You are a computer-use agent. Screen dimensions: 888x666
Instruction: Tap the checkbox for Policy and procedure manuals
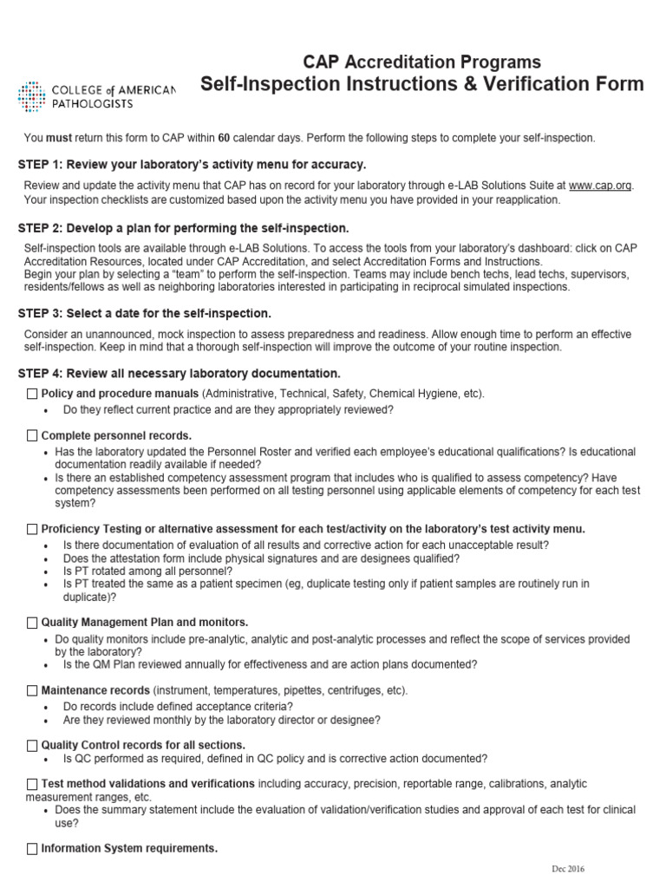(32, 394)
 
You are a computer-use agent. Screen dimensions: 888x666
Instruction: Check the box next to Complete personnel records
(32, 435)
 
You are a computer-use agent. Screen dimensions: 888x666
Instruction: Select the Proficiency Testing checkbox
(32, 528)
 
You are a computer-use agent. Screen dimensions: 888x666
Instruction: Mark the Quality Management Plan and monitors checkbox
(32, 623)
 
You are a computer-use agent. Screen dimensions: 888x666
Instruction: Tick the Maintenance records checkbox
(32, 690)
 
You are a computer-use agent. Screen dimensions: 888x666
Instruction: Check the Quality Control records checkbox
(32, 745)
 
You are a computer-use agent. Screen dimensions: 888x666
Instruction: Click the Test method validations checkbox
(32, 784)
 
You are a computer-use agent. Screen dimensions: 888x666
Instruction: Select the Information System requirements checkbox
(32, 848)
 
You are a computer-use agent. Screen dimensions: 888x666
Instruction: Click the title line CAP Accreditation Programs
(421, 62)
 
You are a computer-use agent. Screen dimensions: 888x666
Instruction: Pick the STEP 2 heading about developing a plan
(183, 229)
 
